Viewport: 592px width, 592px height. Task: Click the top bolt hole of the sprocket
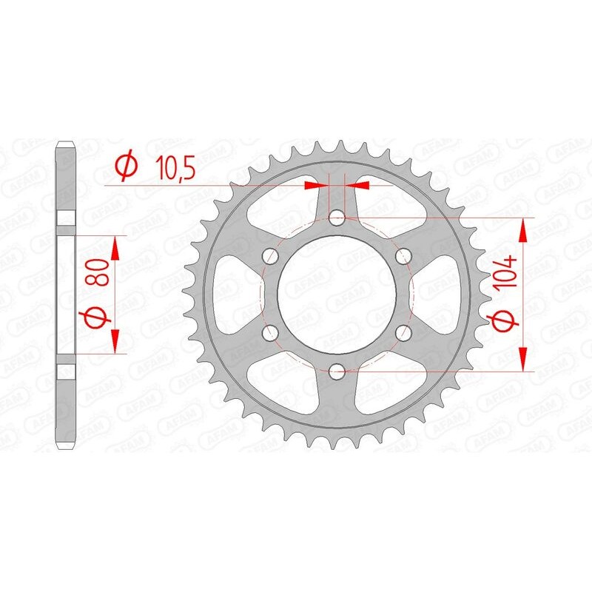pos(337,218)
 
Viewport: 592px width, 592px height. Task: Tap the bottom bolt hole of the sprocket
pos(337,370)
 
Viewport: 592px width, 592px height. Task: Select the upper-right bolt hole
pos(403,256)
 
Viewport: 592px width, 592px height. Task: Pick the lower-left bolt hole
pos(270,332)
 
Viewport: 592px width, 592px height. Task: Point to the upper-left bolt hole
pos(270,256)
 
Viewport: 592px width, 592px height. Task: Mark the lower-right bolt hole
pos(403,332)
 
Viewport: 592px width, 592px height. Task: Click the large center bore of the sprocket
pos(337,294)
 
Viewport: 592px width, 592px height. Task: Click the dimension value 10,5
pos(175,169)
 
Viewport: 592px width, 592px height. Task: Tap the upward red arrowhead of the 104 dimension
pos(524,229)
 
